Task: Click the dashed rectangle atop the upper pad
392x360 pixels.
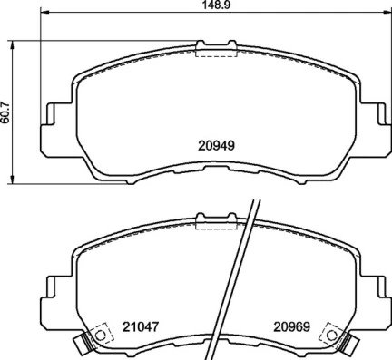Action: [x=215, y=51]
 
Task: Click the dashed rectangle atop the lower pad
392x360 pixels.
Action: [x=214, y=219]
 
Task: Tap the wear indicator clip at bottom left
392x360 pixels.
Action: [x=83, y=344]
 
